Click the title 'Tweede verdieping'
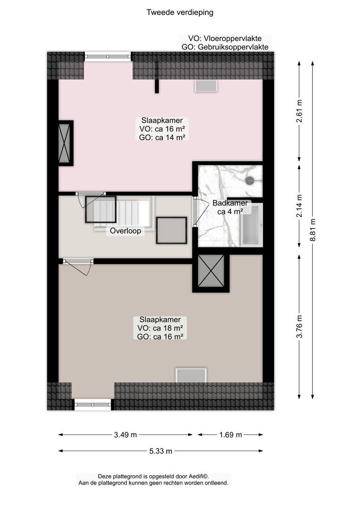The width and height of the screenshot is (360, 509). tap(180, 12)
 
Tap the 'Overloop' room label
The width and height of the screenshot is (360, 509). tap(125, 231)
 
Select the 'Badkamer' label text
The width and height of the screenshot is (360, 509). tap(230, 203)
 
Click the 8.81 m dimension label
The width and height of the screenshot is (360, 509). tap(312, 230)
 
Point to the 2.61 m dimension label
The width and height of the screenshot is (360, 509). tap(299, 111)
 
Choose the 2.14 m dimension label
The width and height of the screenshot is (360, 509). tap(299, 206)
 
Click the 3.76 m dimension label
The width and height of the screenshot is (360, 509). tap(299, 327)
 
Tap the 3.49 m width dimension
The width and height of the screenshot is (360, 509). tap(125, 435)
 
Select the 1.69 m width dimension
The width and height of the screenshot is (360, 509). tap(230, 435)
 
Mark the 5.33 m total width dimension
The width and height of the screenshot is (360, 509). tap(161, 451)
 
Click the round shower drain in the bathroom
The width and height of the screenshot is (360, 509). tap(250, 181)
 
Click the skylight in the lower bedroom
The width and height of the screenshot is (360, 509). tap(191, 376)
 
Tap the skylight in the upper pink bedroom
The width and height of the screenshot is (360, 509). tap(206, 86)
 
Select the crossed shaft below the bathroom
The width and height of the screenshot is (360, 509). tap(211, 271)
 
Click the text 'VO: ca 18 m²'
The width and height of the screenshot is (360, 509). tap(160, 328)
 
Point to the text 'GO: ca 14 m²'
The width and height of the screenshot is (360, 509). tap(162, 138)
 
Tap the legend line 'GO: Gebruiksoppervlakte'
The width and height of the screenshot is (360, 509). tap(225, 47)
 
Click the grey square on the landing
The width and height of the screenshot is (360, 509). tap(172, 230)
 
